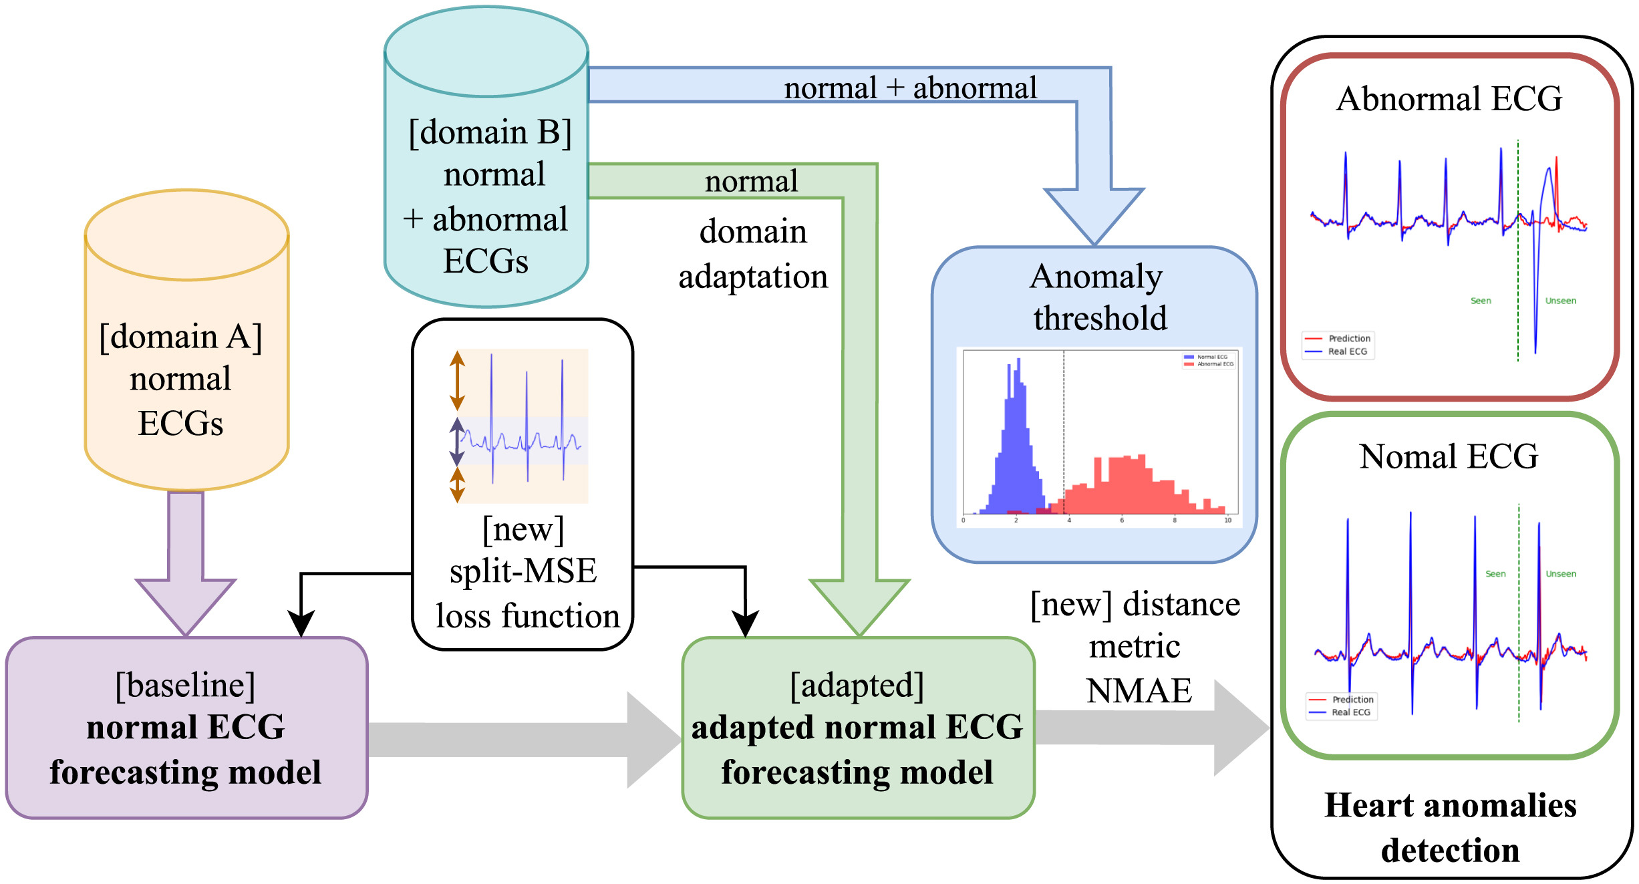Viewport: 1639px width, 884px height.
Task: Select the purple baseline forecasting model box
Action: pos(186,728)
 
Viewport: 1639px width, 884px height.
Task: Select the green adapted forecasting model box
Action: pos(858,728)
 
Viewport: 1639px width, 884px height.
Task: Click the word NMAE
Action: pos(1139,691)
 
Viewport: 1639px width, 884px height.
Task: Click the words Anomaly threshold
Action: pos(1097,297)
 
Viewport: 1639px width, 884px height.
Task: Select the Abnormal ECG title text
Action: pos(1449,99)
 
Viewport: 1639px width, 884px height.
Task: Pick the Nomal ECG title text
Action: pos(1449,457)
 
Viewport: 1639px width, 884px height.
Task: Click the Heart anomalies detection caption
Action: pos(1450,827)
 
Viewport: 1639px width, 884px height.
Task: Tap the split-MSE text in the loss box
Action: pos(523,572)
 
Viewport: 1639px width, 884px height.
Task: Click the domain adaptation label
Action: pos(753,254)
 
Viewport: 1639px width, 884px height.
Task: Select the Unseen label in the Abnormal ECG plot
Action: pos(1560,301)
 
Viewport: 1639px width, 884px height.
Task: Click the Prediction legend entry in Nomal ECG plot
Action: pos(1352,700)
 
